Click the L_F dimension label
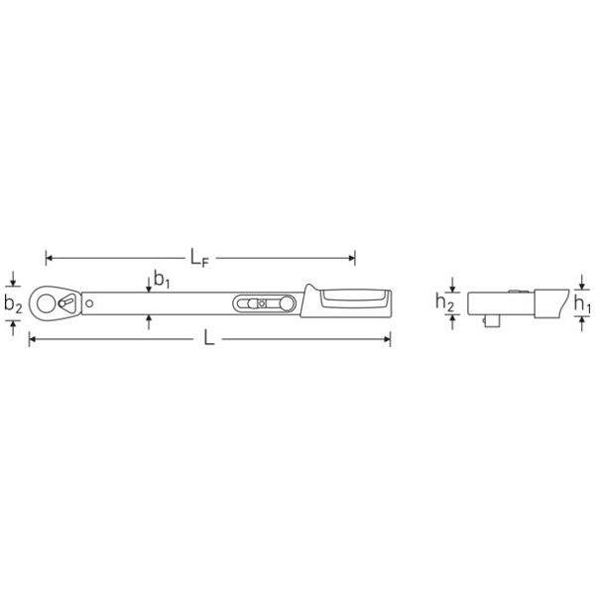click(199, 258)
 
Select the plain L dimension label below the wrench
click(209, 338)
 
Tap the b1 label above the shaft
click(162, 279)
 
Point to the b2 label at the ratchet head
click(13, 304)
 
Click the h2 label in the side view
click(444, 302)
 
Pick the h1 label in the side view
click(582, 304)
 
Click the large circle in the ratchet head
click(47, 303)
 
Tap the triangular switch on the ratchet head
click(68, 303)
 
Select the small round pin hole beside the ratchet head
click(89, 303)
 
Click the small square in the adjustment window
click(261, 303)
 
